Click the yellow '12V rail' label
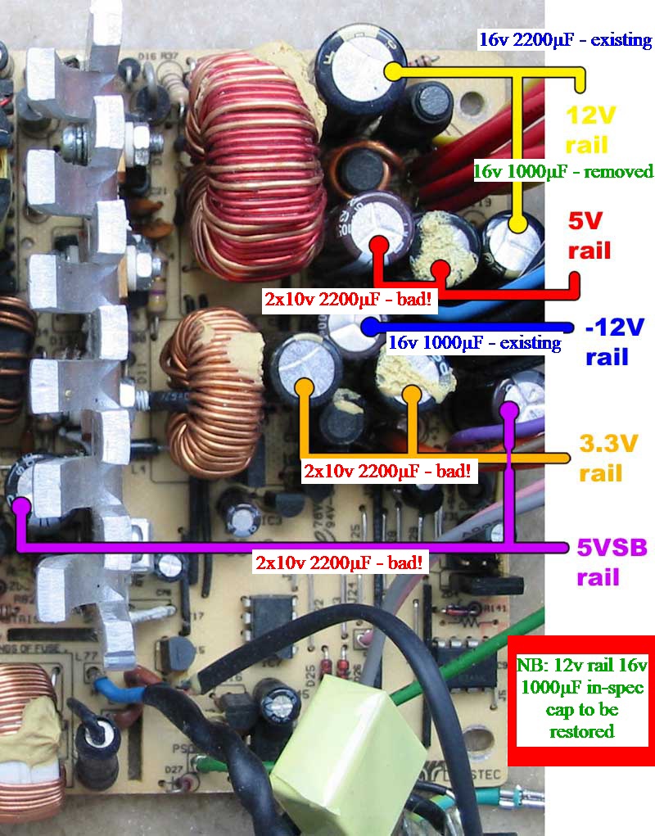click(587, 131)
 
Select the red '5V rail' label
click(589, 237)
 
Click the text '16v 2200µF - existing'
click(565, 40)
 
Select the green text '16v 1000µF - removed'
click(563, 171)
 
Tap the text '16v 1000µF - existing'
click(474, 343)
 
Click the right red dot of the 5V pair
click(441, 265)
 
